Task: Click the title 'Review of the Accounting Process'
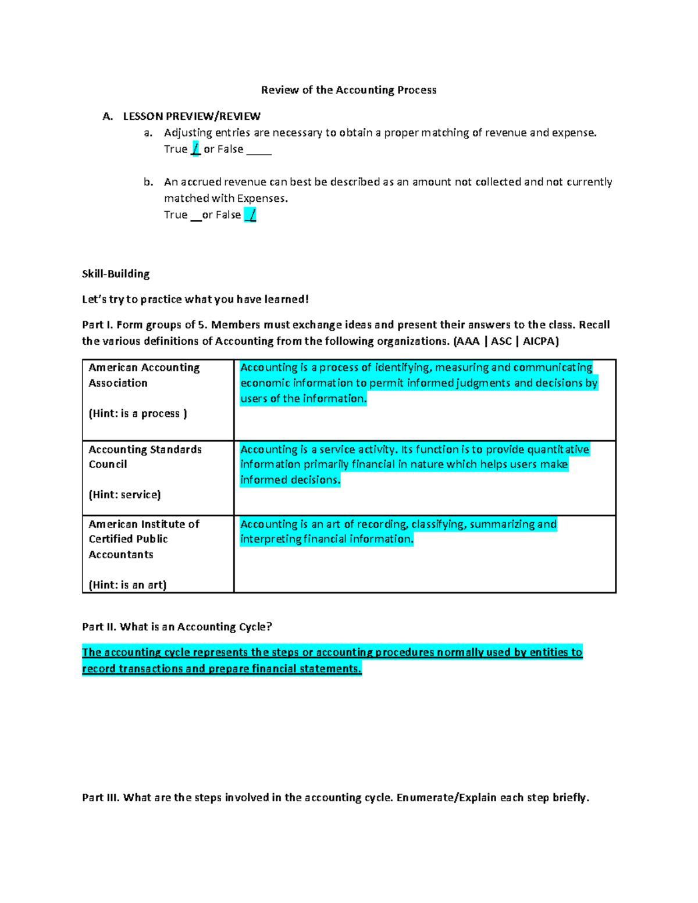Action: pos(348,90)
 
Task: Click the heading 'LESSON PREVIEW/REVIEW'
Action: pos(191,116)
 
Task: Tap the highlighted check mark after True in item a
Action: pos(195,149)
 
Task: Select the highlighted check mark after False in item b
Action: pos(251,215)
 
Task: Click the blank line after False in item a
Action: pos(259,150)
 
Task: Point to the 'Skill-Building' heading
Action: pos(116,274)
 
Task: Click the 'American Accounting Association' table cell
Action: pos(144,375)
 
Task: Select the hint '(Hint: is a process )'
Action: pos(138,413)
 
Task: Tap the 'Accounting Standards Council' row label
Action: pos(145,457)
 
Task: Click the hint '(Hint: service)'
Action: pos(124,495)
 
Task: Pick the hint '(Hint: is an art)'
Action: pos(127,585)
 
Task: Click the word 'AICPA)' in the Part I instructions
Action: pos(540,341)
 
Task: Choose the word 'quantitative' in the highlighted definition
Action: pos(559,449)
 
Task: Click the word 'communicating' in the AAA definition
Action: pos(553,367)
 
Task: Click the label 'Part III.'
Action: pos(101,798)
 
